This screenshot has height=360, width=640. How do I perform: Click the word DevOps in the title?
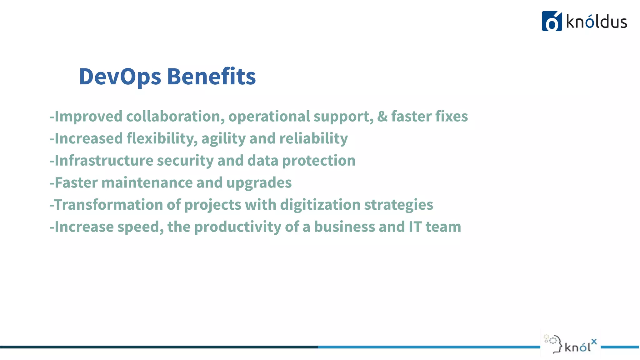(x=120, y=77)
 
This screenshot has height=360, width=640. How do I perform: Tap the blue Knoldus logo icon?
(x=552, y=21)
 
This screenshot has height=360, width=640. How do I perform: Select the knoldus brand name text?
(x=597, y=22)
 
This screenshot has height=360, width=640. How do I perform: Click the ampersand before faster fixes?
(x=382, y=117)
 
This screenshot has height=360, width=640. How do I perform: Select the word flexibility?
(x=162, y=139)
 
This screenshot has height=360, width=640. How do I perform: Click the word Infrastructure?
(x=104, y=161)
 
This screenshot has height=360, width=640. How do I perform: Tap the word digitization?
(x=320, y=205)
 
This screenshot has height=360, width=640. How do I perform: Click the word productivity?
(x=237, y=227)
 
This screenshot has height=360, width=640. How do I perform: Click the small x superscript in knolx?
(x=594, y=342)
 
